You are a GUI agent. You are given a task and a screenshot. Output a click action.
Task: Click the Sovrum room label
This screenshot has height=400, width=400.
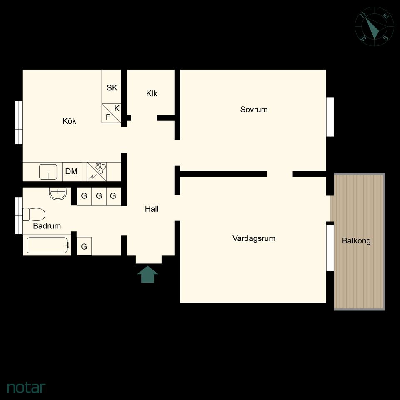(x=254, y=110)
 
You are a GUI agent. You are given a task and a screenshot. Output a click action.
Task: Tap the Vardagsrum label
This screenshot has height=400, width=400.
(x=254, y=238)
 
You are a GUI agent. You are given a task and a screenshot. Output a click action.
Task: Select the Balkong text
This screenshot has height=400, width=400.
(x=356, y=240)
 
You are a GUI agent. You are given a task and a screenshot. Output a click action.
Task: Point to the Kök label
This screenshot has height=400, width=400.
(x=69, y=121)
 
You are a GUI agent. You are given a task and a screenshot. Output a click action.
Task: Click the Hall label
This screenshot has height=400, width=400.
(x=152, y=209)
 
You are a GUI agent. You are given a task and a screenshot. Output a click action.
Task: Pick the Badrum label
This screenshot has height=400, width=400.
(x=47, y=226)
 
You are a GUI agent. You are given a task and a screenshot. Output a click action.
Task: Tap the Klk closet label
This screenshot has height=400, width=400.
(x=152, y=94)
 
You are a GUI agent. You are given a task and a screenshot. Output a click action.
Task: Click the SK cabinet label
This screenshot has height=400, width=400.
(x=112, y=88)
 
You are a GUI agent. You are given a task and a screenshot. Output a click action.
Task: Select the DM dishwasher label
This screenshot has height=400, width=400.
(x=71, y=171)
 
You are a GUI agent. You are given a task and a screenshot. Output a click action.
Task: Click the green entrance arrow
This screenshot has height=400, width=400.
(x=147, y=274)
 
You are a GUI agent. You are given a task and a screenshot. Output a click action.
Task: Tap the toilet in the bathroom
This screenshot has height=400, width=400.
(x=34, y=214)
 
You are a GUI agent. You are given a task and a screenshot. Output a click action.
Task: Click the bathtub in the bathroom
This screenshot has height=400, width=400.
(x=47, y=245)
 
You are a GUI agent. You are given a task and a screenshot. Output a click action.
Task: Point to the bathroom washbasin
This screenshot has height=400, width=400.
(x=57, y=194)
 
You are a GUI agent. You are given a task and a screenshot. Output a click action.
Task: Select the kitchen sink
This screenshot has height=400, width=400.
(x=48, y=172)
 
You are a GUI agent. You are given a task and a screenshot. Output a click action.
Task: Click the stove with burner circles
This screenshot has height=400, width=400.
(x=96, y=171)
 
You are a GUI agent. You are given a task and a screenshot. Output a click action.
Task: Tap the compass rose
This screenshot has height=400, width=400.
(x=374, y=27)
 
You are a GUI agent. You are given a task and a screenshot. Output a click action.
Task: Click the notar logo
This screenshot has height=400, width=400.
(x=26, y=387)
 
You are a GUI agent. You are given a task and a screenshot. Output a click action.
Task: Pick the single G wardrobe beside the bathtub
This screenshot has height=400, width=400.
(x=84, y=246)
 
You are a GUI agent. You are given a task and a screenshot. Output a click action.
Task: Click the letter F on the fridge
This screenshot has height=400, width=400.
(x=108, y=117)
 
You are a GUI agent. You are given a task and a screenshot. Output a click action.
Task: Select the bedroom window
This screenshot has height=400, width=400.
(x=330, y=117)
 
